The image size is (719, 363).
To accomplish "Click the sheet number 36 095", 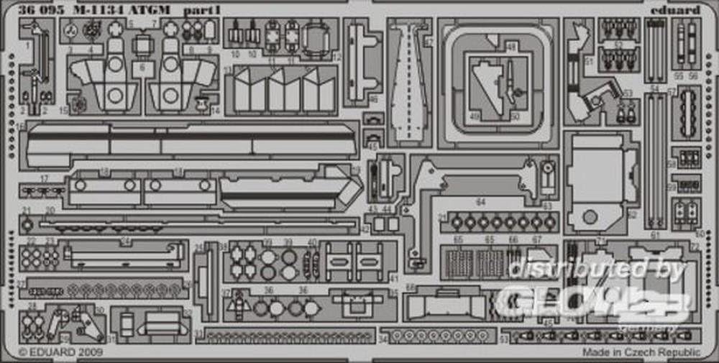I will [33, 9].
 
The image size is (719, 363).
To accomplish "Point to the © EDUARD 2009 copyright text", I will [60, 352].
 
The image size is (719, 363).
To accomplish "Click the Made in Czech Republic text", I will [641, 352].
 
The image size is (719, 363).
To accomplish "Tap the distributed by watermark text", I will [597, 269].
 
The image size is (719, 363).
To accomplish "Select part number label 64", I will [481, 202].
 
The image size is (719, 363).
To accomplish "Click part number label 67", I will [536, 240].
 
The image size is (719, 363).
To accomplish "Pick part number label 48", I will [511, 47].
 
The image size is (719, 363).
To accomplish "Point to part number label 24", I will [124, 242].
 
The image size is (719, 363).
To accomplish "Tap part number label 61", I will [654, 235].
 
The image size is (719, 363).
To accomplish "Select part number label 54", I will [654, 88].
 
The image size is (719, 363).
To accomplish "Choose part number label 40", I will [311, 242].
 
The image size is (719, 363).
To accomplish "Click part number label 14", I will [215, 110].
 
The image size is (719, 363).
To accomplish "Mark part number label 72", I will [695, 245].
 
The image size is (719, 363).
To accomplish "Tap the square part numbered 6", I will [142, 67].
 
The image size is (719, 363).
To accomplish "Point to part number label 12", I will [336, 56].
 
